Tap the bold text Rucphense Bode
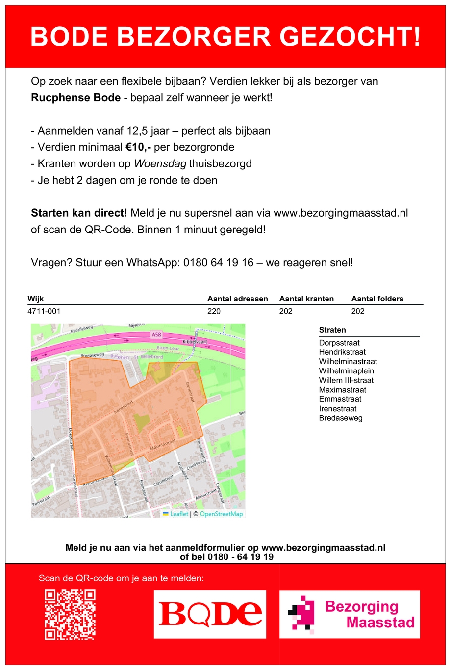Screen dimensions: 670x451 (75, 98)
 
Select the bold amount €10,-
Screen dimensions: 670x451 (138, 147)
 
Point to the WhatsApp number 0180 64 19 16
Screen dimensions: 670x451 (219, 263)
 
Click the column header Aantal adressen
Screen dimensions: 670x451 (238, 299)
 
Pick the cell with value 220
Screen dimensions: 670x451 (214, 311)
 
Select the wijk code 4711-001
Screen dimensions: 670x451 (44, 311)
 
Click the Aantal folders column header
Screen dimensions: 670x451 (377, 299)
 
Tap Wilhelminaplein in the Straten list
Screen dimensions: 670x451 (347, 371)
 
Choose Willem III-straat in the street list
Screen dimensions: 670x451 (346, 380)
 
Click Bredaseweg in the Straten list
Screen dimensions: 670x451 (341, 418)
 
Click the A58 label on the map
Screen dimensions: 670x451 (156, 335)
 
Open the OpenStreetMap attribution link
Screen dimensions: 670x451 (221, 514)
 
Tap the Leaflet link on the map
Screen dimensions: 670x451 (179, 514)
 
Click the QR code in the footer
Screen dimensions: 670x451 (70, 615)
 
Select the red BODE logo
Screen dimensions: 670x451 (210, 614)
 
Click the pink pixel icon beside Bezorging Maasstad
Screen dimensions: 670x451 (301, 615)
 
